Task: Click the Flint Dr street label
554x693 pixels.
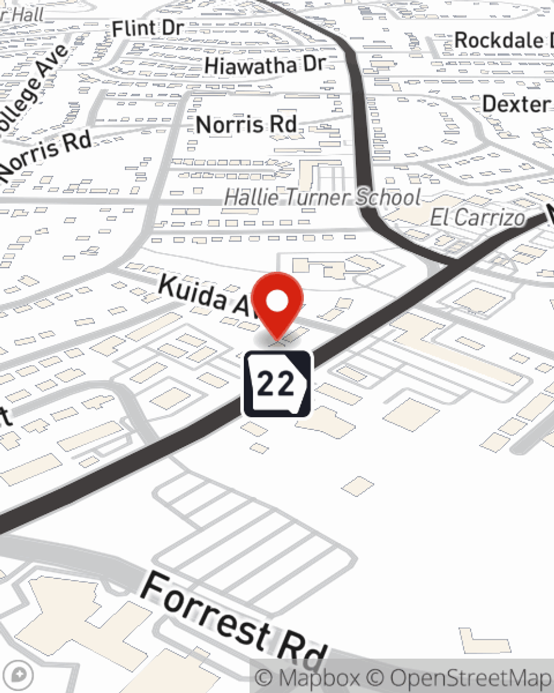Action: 147,28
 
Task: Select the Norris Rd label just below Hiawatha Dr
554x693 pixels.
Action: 247,124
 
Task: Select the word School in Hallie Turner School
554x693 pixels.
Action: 387,197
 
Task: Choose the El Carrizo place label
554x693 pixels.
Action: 477,217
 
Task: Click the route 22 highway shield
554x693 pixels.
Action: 277,384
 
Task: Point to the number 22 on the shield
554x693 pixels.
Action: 276,383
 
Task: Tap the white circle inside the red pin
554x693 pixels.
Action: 277,302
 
